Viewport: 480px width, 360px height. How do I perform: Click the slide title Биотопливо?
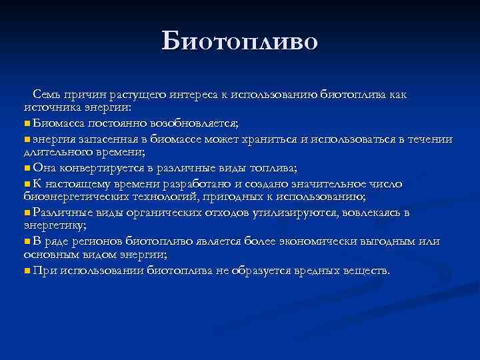tap(240, 41)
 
